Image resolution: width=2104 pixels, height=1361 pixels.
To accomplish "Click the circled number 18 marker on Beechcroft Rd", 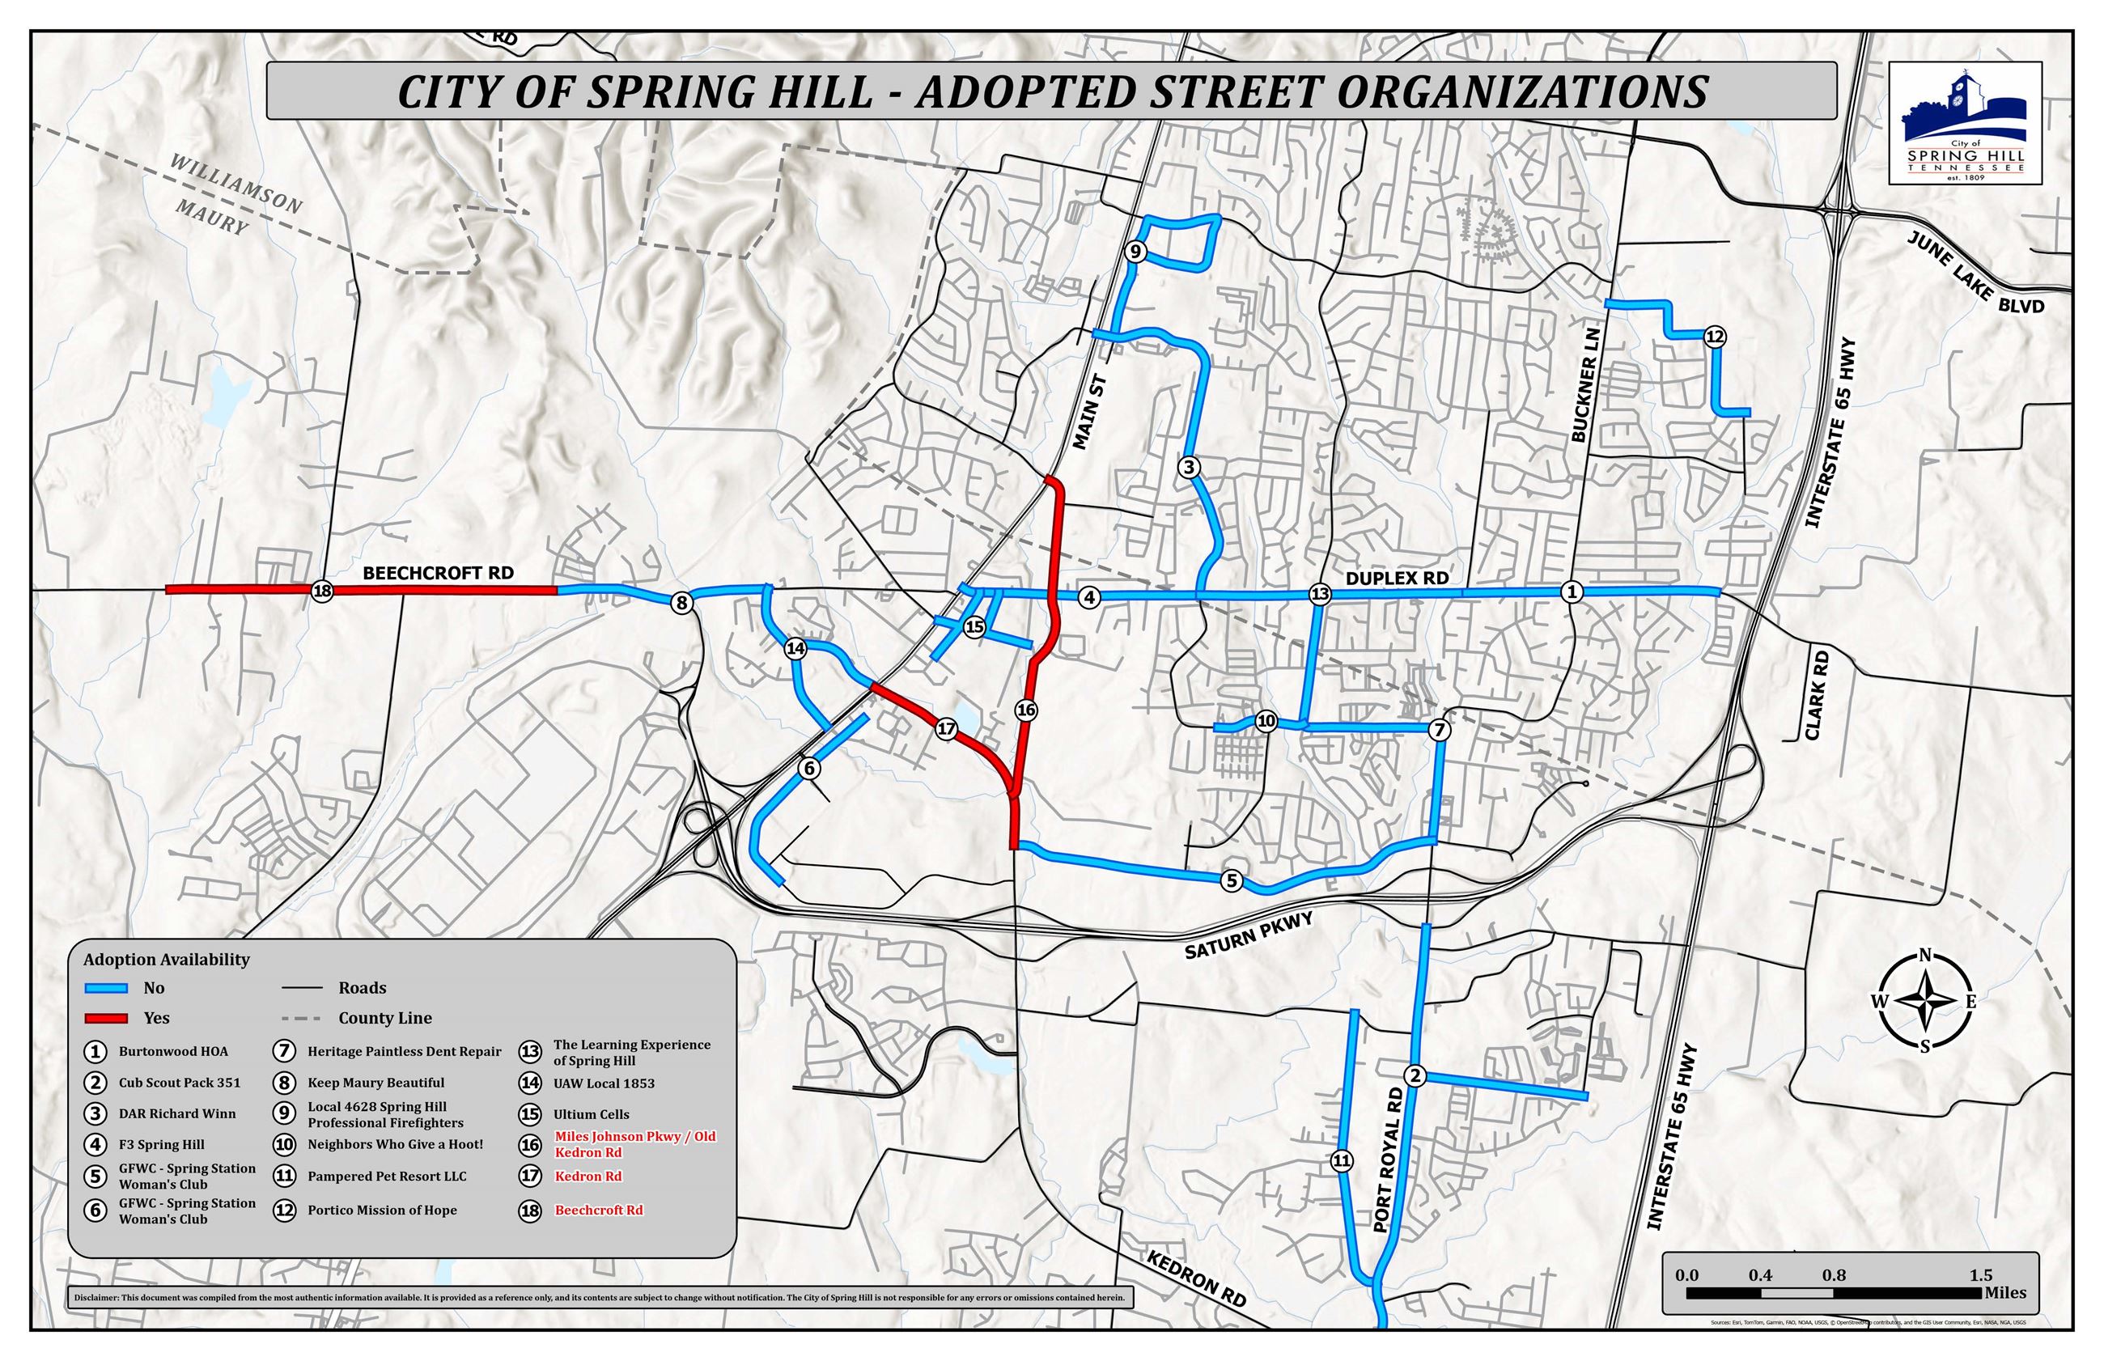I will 321,591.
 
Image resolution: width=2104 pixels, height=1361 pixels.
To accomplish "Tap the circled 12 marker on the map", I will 1713,336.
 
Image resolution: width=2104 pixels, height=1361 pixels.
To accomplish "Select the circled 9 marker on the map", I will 1136,252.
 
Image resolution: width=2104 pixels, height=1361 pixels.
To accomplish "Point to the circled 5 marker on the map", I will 1231,880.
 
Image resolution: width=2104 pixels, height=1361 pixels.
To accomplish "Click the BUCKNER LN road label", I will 1585,385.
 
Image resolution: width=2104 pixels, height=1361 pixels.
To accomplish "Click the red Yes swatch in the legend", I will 106,1018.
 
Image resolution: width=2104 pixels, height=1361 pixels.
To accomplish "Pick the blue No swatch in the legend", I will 106,988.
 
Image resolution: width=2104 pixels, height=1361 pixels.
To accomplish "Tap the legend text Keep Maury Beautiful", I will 375,1083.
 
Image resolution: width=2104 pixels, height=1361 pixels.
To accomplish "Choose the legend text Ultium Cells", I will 592,1114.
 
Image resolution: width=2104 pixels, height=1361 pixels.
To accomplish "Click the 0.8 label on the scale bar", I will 1834,1275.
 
